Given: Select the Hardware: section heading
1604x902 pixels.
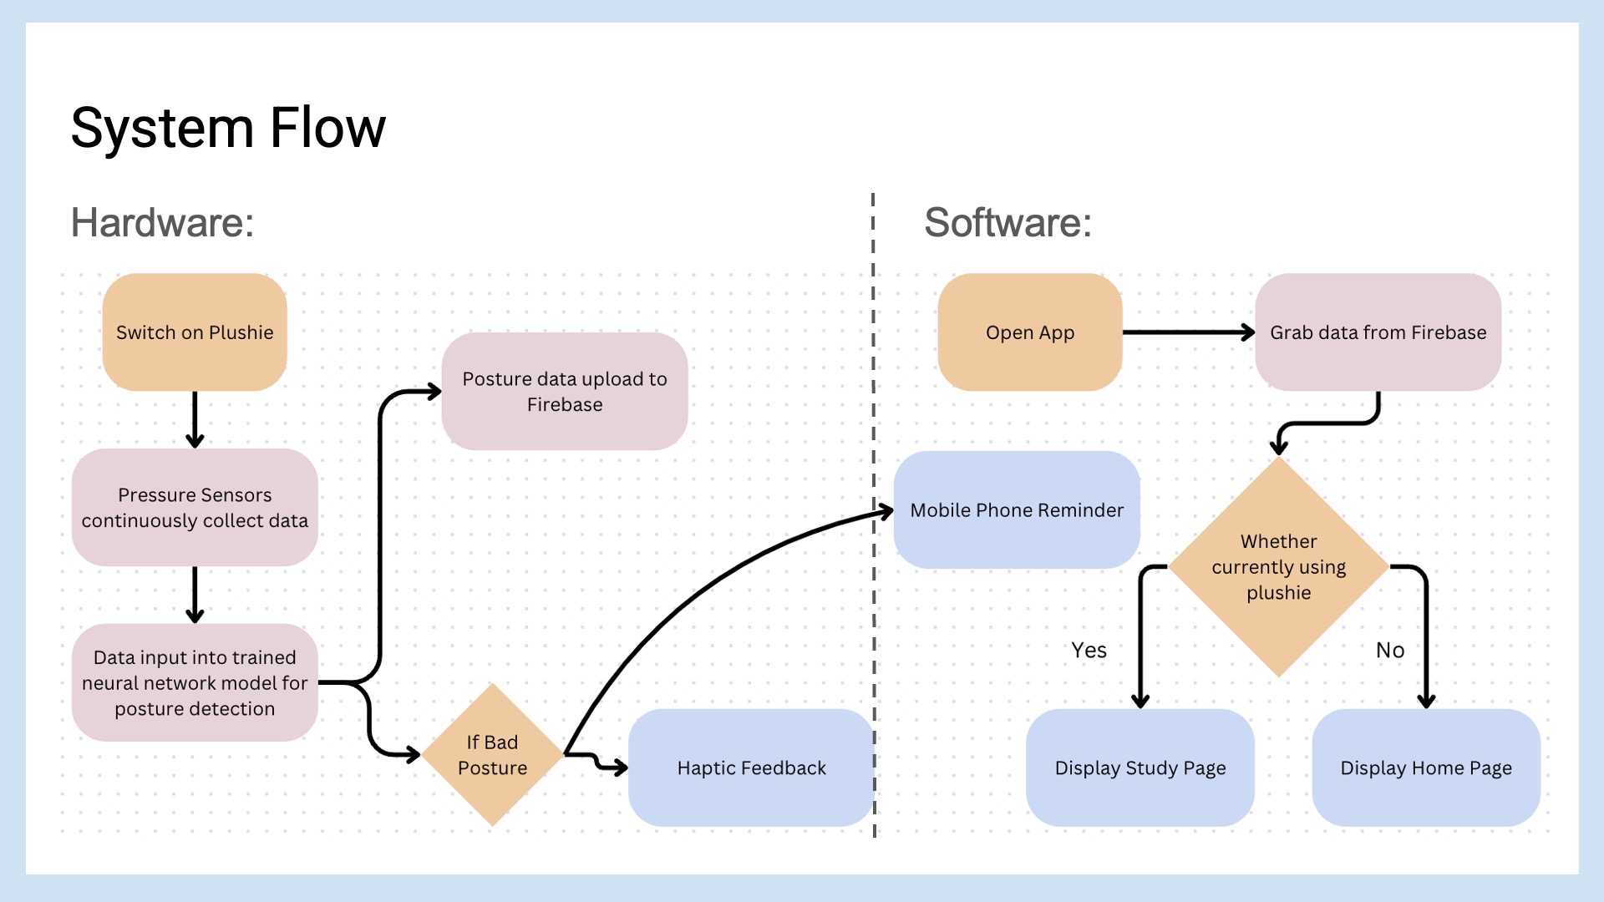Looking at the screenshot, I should [x=162, y=222].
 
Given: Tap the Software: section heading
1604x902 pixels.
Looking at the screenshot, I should [x=1008, y=222].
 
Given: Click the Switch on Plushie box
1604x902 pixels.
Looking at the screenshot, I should [x=195, y=332].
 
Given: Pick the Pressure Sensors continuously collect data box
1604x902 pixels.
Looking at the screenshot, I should [x=195, y=508].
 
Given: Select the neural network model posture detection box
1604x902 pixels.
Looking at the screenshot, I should [x=195, y=682].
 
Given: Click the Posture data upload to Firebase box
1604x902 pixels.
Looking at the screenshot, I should [x=565, y=391].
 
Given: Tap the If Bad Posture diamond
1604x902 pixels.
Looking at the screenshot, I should [x=492, y=755].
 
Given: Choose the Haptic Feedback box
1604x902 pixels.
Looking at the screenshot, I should [x=751, y=768].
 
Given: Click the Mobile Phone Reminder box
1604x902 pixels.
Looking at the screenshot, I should [x=1017, y=510].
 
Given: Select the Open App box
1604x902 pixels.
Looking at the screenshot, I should [x=1029, y=332].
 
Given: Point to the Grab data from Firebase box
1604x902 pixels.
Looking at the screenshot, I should [x=1378, y=332].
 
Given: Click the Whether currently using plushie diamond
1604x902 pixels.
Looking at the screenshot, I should [x=1278, y=567].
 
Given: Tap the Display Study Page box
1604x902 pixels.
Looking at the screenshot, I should [x=1140, y=768].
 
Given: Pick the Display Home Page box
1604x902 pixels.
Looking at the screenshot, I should [x=1426, y=768].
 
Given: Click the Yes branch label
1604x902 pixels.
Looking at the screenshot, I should [x=1089, y=650].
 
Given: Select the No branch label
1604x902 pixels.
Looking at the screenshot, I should [x=1390, y=650].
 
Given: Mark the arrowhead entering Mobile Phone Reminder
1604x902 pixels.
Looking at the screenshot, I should [x=886, y=511].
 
